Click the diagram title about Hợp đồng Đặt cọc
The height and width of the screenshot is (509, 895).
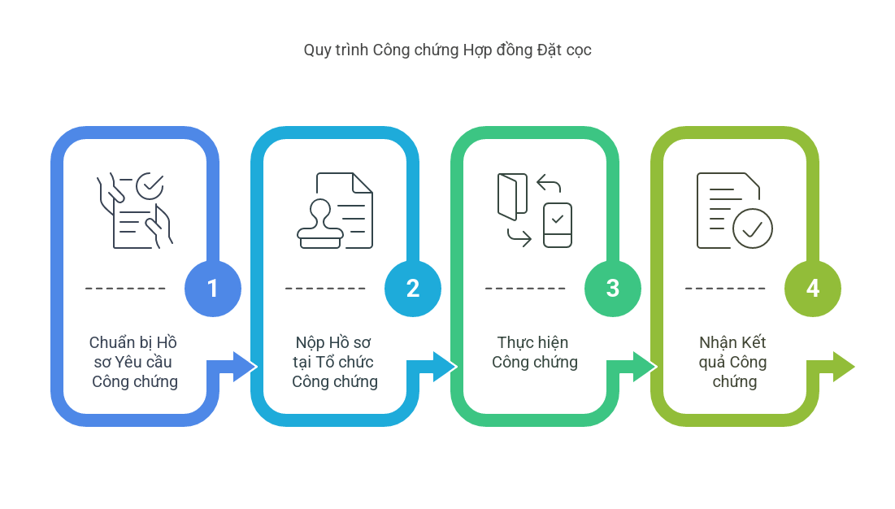tap(447, 50)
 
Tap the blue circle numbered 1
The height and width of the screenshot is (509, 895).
tap(213, 288)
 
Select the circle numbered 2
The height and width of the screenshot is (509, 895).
tap(413, 288)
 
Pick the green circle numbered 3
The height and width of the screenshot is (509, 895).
tap(612, 288)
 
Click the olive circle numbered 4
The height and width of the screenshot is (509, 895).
tap(813, 288)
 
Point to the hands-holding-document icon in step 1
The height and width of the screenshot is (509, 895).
tap(135, 211)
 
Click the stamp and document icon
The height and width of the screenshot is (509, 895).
tap(335, 211)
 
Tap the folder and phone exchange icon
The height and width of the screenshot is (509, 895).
tap(535, 211)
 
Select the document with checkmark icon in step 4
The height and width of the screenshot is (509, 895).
tap(735, 211)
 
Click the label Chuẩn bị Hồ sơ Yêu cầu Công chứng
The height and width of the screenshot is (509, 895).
tap(134, 362)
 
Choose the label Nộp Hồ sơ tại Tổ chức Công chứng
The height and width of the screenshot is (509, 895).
tap(334, 362)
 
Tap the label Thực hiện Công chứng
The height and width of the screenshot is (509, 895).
tap(535, 352)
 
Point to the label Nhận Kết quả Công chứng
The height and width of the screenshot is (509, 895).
tap(733, 362)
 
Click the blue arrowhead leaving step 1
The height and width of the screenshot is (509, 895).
tap(245, 367)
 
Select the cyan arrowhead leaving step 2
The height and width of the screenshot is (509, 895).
tap(444, 367)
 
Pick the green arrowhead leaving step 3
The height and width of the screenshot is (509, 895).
tap(645, 367)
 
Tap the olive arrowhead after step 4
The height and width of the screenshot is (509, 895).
tap(844, 367)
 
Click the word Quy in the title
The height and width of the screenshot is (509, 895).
tap(317, 50)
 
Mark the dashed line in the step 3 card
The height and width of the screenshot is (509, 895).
tap(525, 288)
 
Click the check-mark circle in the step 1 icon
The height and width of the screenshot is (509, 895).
tap(150, 185)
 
